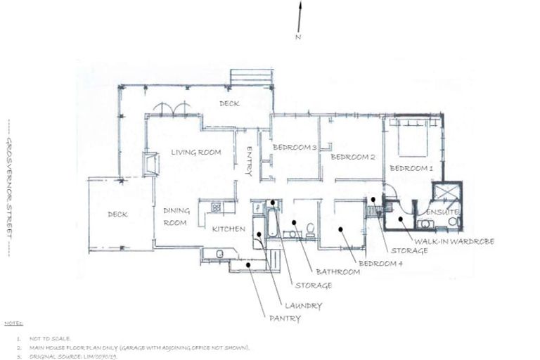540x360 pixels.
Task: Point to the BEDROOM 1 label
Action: (x=411, y=168)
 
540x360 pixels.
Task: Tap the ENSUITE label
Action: (x=442, y=212)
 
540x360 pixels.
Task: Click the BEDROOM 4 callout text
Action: (x=381, y=263)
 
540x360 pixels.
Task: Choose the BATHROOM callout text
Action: (x=339, y=271)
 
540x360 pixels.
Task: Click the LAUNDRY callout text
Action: (x=303, y=306)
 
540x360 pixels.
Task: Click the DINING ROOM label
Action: (x=176, y=217)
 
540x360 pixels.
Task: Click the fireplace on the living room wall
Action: (x=150, y=165)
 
